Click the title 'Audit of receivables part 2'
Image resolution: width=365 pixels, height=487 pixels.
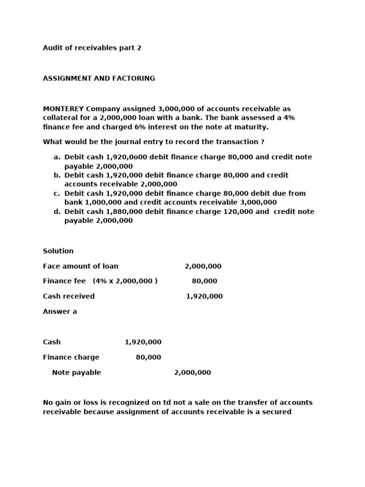click(x=92, y=48)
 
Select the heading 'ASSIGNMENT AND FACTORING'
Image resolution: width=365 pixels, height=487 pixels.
click(x=99, y=78)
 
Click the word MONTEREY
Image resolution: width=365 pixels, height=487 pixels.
click(x=63, y=109)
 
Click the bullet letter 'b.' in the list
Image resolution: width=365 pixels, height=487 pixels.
click(x=57, y=175)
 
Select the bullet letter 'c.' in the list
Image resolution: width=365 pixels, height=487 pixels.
click(x=57, y=194)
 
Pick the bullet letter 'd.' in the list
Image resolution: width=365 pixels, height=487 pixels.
click(x=57, y=212)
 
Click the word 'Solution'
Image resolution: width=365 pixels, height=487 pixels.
click(x=58, y=251)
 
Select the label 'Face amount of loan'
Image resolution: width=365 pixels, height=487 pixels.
click(x=80, y=266)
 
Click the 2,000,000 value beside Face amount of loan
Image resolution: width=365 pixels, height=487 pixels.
click(x=203, y=266)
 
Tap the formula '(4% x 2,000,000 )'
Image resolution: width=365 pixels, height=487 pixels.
click(x=125, y=281)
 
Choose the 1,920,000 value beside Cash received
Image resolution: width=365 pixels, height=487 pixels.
click(x=204, y=296)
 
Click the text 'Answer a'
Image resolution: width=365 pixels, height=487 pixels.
click(x=60, y=312)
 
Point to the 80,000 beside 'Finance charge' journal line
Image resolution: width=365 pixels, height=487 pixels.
click(x=148, y=357)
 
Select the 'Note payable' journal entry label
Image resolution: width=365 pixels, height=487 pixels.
click(x=77, y=372)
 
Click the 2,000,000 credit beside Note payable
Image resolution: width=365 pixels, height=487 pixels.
click(x=192, y=372)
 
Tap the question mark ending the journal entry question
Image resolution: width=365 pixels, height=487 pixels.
click(x=262, y=142)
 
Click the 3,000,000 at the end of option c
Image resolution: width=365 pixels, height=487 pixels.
click(x=259, y=203)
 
